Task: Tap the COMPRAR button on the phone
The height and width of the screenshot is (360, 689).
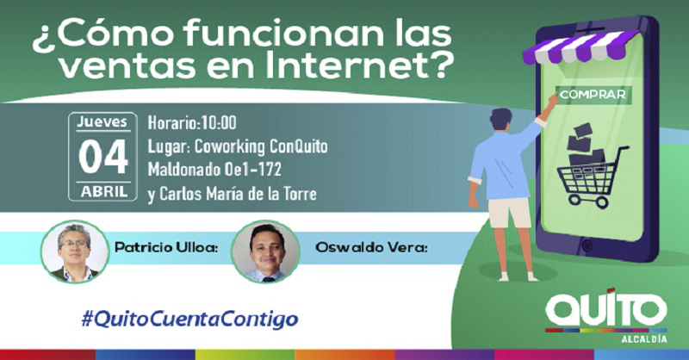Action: click(x=593, y=95)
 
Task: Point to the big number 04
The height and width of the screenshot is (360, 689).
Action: click(x=103, y=157)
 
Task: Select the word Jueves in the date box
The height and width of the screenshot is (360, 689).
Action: click(x=102, y=121)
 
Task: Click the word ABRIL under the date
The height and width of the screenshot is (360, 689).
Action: click(x=103, y=192)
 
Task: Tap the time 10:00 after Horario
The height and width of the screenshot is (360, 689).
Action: click(x=219, y=122)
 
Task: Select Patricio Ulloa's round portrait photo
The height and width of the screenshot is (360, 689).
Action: click(x=74, y=251)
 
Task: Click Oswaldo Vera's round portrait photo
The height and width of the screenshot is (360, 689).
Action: click(x=265, y=251)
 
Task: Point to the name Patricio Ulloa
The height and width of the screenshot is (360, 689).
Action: click(x=166, y=247)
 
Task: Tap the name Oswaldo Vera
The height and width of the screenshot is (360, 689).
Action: click(x=371, y=247)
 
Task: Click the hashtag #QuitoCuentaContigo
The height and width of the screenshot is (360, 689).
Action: click(x=189, y=320)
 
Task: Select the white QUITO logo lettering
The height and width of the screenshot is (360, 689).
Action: click(x=606, y=308)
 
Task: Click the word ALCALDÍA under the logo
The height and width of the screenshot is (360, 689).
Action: click(x=643, y=339)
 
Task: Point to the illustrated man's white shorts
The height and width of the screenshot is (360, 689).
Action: click(x=510, y=213)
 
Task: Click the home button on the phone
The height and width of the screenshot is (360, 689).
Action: click(x=587, y=245)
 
